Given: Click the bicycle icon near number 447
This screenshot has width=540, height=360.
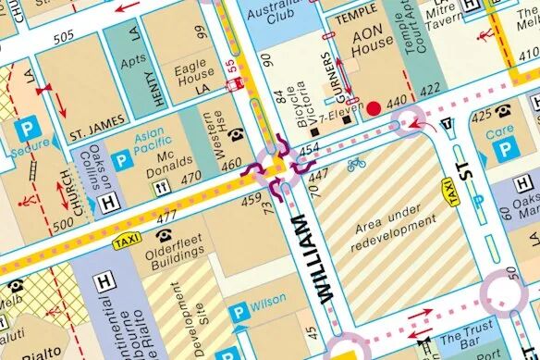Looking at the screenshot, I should coord(356,164).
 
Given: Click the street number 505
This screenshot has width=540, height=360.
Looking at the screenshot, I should coord(64,38).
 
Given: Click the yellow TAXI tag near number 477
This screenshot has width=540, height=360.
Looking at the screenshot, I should coord(125,242).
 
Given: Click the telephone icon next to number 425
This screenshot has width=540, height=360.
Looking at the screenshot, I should coord(504,112).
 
